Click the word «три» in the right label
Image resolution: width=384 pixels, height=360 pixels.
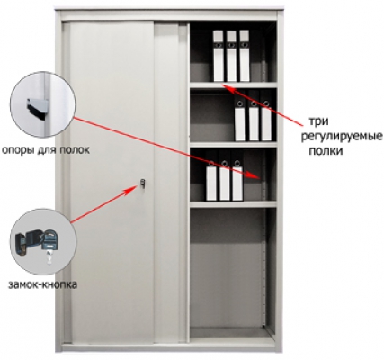click(318, 121)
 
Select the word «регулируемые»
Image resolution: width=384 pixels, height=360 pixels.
click(342, 136)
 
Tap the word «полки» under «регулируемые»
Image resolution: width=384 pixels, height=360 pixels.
click(326, 150)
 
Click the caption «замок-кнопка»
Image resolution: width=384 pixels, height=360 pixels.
click(42, 284)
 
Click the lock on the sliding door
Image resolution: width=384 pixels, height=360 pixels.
click(143, 184)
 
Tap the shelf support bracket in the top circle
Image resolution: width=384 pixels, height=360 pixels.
click(38, 108)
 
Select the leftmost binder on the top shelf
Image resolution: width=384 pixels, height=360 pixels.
click(219, 56)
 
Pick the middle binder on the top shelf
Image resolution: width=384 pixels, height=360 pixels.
click(231, 56)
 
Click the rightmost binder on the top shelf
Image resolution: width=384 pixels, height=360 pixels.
click(245, 56)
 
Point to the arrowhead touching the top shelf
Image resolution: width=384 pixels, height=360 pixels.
click(227, 87)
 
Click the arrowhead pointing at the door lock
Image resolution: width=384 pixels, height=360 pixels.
click(134, 188)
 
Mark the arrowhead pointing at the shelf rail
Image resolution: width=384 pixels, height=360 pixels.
click(255, 176)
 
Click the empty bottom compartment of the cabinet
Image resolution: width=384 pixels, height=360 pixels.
click(228, 267)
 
